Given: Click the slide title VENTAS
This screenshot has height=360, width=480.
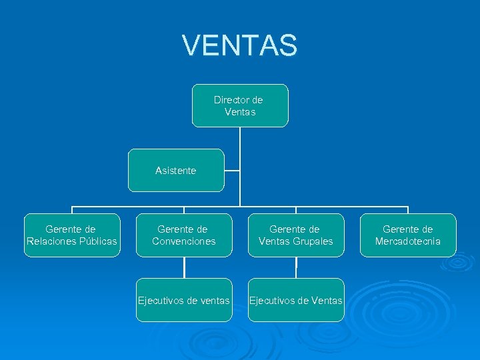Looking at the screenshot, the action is pos(240,45).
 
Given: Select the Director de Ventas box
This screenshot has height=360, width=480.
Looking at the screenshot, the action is pos(240,105).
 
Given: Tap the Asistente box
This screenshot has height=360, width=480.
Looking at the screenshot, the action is pos(176,171).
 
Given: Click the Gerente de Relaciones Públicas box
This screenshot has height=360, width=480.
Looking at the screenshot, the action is pos(72,235).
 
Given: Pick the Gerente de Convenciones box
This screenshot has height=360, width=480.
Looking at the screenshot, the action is pos(184,235).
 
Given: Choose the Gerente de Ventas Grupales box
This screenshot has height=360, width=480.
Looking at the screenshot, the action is pos(296,235).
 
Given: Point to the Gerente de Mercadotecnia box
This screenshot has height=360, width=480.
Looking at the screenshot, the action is pos(408,235).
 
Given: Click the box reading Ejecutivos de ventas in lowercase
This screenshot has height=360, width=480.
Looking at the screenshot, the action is pos(184,300).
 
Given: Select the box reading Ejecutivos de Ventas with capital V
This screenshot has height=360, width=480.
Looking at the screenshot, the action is pos(296,300).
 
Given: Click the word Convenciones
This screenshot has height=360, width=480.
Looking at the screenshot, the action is pos(184,241).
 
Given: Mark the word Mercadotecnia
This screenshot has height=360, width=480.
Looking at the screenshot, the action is pos(408,241).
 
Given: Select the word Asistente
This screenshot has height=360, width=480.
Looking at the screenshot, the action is pos(176,171).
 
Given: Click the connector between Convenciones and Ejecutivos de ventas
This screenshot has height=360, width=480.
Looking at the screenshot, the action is pos(184,267).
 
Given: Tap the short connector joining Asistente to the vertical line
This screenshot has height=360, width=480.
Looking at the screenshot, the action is pos(232,171).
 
